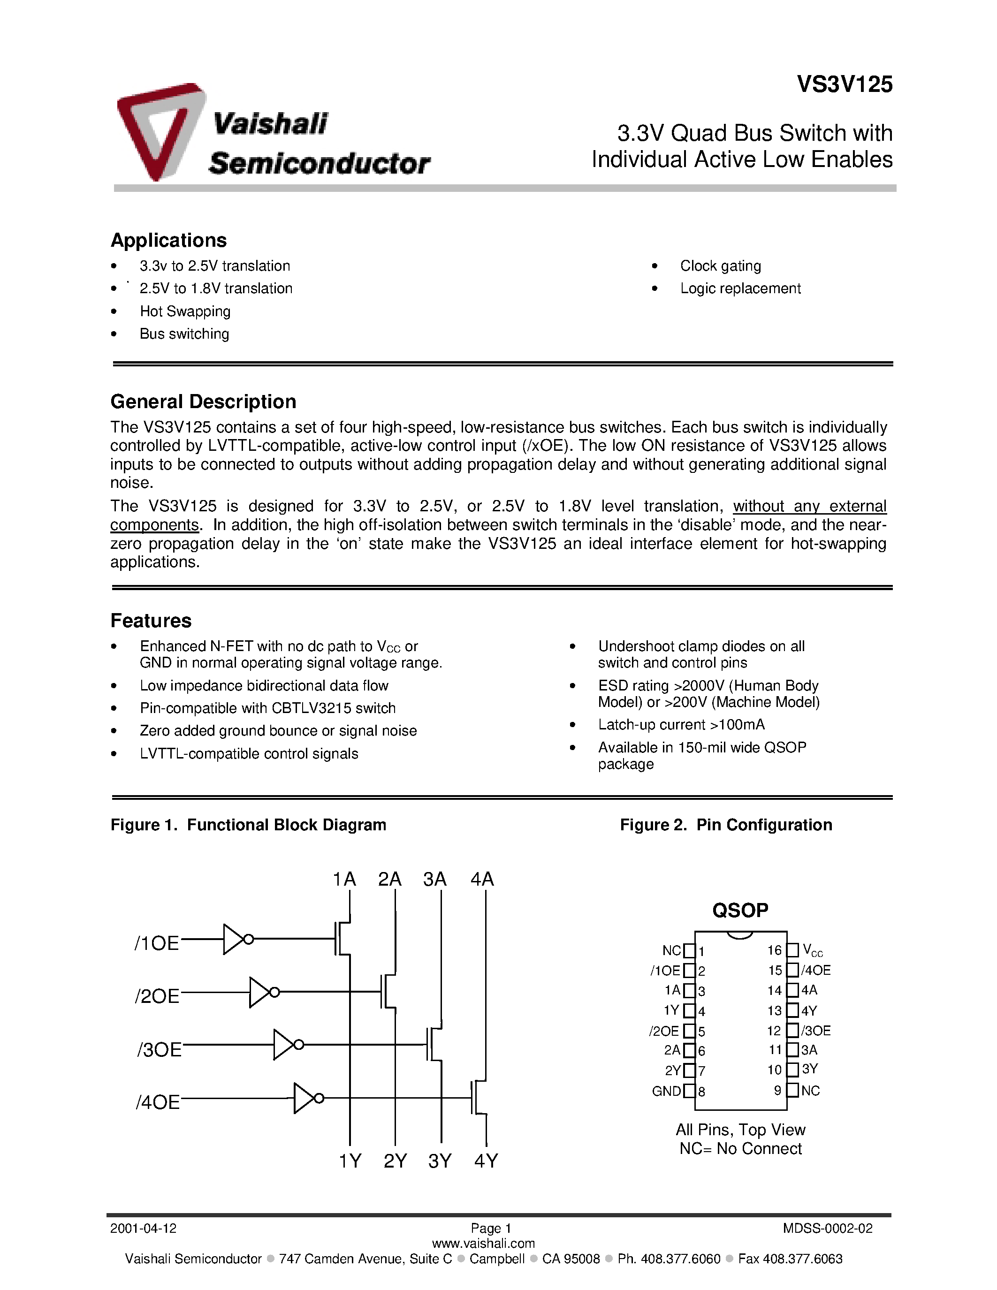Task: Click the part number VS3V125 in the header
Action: coord(845,84)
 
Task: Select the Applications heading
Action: coord(168,240)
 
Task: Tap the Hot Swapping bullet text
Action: coord(185,311)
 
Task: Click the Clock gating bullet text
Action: coord(720,266)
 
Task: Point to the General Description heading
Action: coord(203,402)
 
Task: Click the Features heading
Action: coord(151,621)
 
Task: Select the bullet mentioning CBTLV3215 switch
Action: coord(267,708)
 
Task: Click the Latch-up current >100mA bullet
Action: coord(681,725)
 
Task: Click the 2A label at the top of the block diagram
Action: coord(390,880)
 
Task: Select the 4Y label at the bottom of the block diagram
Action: coord(486,1161)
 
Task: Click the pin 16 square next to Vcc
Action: coord(792,950)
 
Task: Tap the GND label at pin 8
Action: coord(666,1091)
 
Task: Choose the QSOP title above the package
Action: coord(740,910)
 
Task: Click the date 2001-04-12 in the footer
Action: coord(144,1229)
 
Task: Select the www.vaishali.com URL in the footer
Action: coord(483,1244)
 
